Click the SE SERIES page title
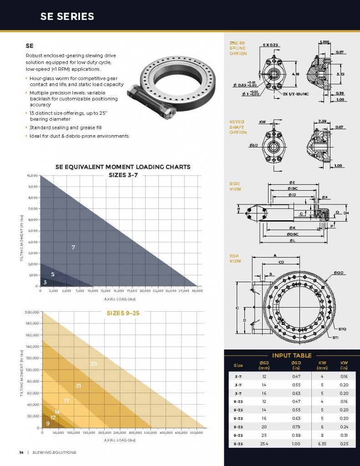click(67, 17)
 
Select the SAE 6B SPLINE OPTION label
click(238, 48)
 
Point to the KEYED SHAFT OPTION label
click(238, 127)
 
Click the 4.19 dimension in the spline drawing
click(296, 73)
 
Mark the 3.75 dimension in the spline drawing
click(340, 73)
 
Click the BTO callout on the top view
click(342, 328)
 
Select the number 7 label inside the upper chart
click(73, 247)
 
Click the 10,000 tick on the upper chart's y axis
click(31, 176)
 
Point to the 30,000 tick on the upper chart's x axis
click(197, 290)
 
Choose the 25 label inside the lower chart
click(94, 364)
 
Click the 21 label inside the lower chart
click(78, 385)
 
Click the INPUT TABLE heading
click(291, 355)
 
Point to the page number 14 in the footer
click(21, 452)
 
